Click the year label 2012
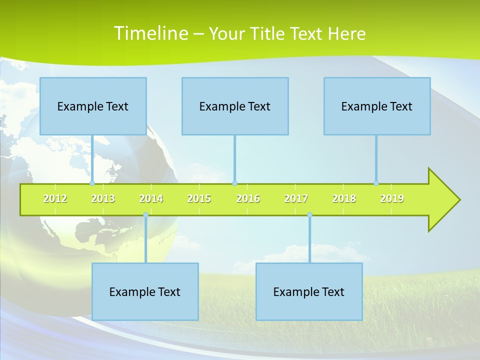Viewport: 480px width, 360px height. click(x=55, y=199)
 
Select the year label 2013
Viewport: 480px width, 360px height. click(x=103, y=199)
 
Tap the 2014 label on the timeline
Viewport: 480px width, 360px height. click(x=151, y=199)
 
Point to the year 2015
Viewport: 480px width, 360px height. click(x=199, y=199)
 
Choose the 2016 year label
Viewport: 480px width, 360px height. click(x=248, y=199)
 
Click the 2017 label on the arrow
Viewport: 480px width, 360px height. click(x=296, y=199)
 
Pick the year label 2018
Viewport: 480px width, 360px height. click(x=344, y=199)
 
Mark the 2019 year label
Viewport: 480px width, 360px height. click(x=392, y=199)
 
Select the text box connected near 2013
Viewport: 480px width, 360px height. click(x=93, y=106)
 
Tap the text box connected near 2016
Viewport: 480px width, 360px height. click(x=235, y=106)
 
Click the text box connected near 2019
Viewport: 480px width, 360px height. click(x=377, y=106)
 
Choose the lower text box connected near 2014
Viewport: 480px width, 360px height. click(x=145, y=292)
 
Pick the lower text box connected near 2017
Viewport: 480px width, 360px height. click(x=309, y=292)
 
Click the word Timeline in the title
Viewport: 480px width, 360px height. click(x=150, y=33)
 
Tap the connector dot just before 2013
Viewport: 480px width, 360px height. click(x=92, y=183)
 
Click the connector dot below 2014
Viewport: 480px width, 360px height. click(x=145, y=215)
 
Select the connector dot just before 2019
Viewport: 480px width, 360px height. click(x=376, y=183)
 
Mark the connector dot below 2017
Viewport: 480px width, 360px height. click(x=309, y=215)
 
